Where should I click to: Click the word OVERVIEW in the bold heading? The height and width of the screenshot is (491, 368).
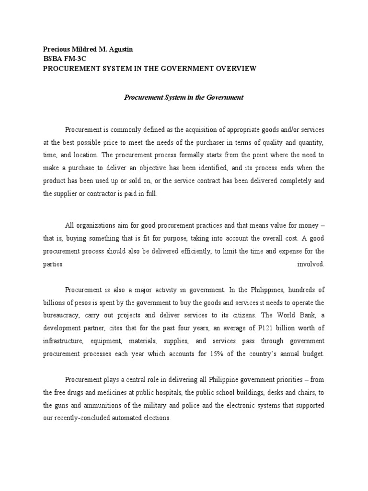point(235,68)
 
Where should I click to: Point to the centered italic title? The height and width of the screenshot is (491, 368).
point(184,97)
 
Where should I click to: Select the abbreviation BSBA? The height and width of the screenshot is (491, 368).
point(52,59)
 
